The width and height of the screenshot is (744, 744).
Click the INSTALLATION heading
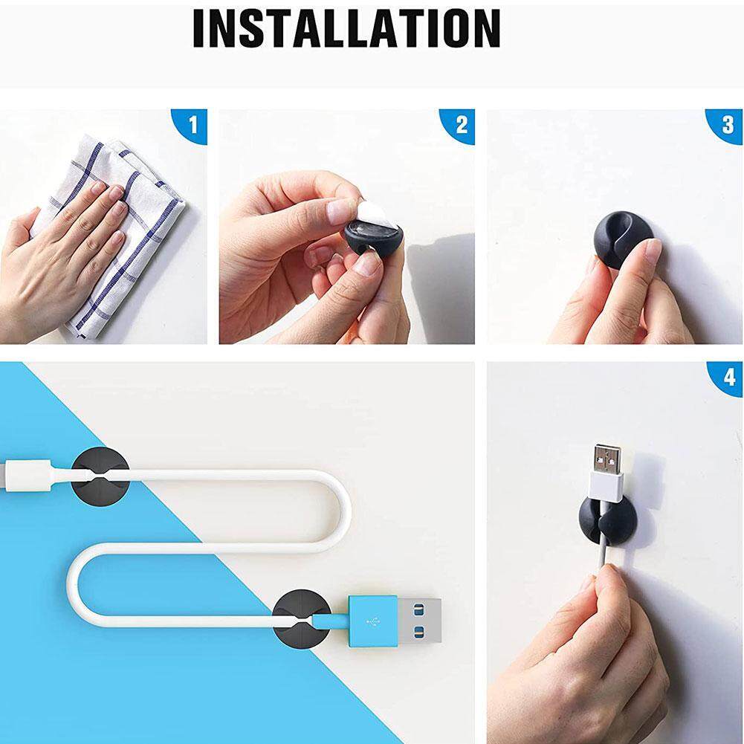(346, 28)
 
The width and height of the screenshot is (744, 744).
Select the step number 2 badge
(459, 126)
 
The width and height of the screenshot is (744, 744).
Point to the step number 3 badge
(726, 126)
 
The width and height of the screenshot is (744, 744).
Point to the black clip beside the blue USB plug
(300, 620)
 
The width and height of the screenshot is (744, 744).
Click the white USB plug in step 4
(606, 473)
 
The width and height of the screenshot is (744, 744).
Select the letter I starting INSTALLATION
(198, 28)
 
